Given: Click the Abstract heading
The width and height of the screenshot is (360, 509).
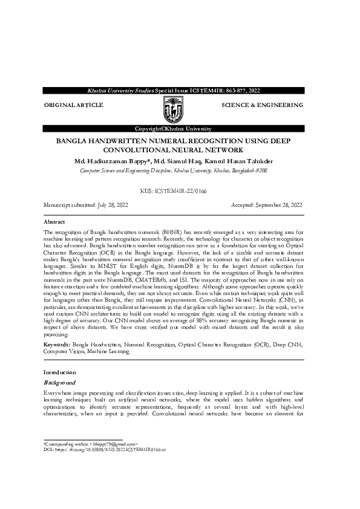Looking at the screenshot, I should coord(56,222).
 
